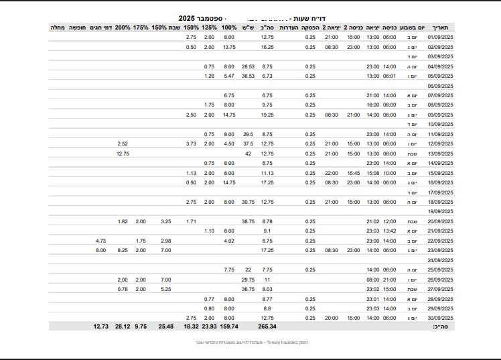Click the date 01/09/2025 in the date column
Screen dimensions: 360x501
[441, 37]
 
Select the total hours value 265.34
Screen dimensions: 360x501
[267, 326]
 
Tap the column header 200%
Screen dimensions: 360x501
[123, 27]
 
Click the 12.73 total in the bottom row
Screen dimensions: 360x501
[100, 326]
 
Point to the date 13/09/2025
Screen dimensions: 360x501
[441, 153]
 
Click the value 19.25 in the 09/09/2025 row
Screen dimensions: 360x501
[267, 115]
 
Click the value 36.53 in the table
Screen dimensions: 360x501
[248, 76]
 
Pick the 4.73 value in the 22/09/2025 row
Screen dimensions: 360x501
[101, 240]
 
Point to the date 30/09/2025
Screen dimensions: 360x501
[441, 317]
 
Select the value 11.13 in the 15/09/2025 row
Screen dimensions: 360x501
[267, 172]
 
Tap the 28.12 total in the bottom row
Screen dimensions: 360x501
[123, 326]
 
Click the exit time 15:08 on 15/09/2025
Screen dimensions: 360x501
[373, 172]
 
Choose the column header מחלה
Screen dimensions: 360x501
[58, 27]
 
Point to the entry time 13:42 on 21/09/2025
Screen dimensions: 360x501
[390, 231]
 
